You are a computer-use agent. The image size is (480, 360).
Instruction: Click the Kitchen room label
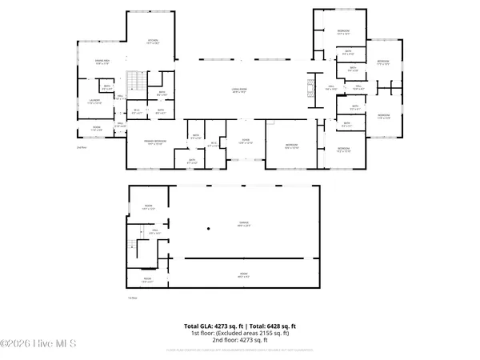point(153,42)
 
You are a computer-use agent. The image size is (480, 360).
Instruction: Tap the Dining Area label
point(102,62)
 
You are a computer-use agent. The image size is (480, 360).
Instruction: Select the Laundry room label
point(94,102)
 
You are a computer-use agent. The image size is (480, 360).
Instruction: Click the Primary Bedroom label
point(154,143)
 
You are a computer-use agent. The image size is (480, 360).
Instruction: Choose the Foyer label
point(246,142)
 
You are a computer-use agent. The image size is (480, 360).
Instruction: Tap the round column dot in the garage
point(207,229)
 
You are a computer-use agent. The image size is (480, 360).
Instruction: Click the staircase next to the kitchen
point(138,81)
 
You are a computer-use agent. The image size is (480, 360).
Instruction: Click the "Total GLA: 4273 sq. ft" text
point(214,326)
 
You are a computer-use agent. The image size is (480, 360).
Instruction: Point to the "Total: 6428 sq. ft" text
point(272,326)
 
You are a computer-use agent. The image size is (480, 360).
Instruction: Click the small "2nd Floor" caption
point(81,148)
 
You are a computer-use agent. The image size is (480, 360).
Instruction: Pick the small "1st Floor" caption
point(134,298)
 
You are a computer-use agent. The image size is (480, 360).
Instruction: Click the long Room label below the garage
point(242,276)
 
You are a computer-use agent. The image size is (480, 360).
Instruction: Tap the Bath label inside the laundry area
point(106,87)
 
